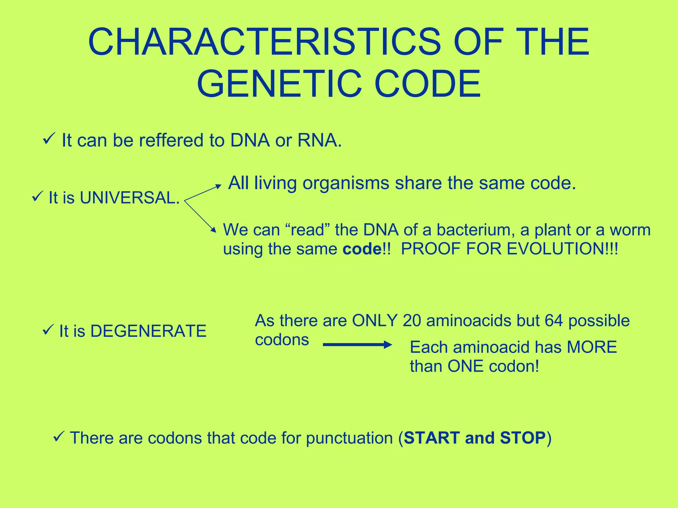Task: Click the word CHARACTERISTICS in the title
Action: tap(264, 42)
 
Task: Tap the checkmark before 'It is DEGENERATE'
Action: tap(47, 330)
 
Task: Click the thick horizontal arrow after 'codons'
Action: tap(357, 345)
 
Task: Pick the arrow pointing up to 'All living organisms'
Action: tap(203, 192)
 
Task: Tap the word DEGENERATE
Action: tap(148, 331)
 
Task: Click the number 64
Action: tap(554, 321)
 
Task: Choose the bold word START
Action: tap(432, 438)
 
